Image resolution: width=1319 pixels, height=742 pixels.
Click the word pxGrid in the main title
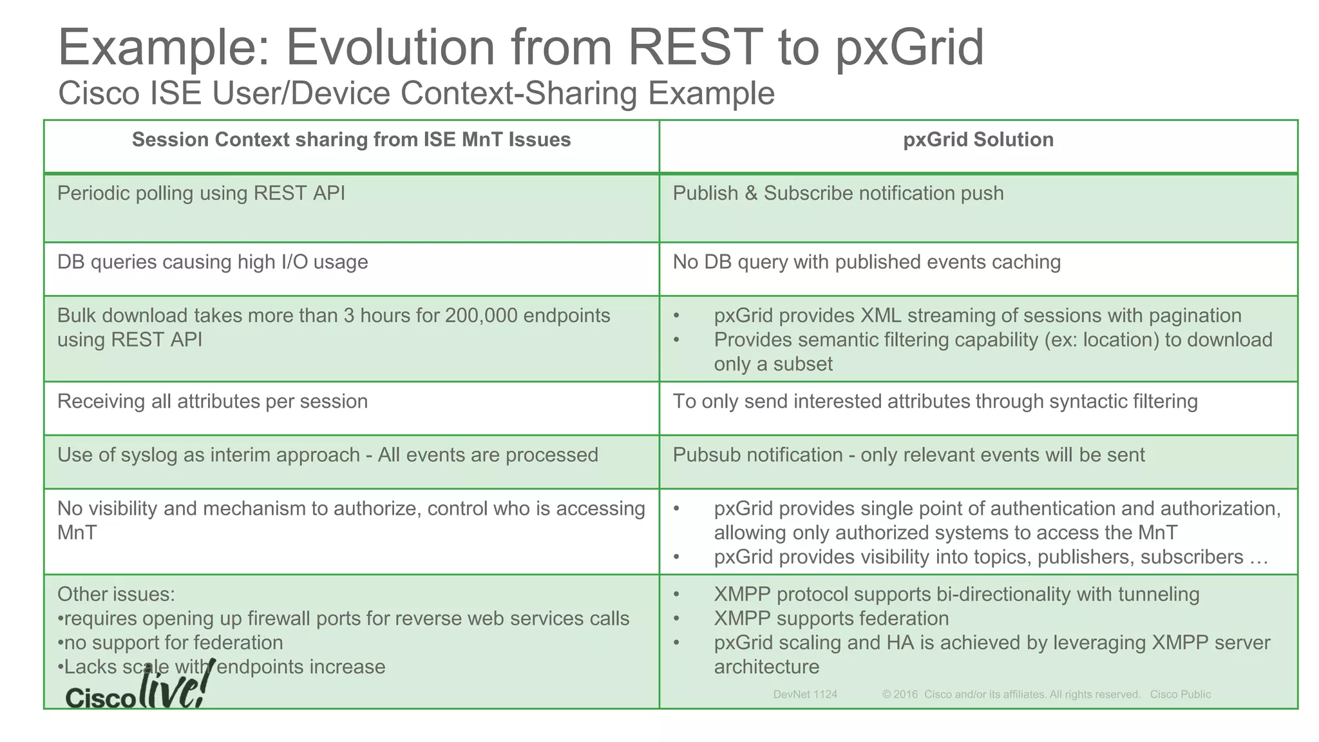coord(909,48)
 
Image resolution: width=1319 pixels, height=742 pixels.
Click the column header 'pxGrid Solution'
coord(978,140)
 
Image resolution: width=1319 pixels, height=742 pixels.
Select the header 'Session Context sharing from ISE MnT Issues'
coord(351,140)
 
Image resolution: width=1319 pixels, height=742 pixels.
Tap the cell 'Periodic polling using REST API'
coord(201,193)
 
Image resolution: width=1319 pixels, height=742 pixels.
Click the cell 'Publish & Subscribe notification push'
coord(838,193)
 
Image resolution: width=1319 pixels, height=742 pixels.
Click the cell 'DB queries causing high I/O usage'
coord(213,262)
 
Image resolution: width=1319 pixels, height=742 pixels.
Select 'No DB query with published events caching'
coord(866,262)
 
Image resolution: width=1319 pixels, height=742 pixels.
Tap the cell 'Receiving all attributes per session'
coord(213,401)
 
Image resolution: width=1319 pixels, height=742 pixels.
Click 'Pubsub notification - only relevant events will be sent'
coord(908,455)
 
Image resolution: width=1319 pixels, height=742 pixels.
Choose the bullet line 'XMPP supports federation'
coord(831,618)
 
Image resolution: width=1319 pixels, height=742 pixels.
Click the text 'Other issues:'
coord(116,594)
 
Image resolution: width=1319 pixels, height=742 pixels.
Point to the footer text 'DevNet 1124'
coord(805,694)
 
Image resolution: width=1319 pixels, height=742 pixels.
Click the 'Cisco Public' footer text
coord(1180,694)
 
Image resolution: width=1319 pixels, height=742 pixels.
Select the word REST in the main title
coord(694,48)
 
